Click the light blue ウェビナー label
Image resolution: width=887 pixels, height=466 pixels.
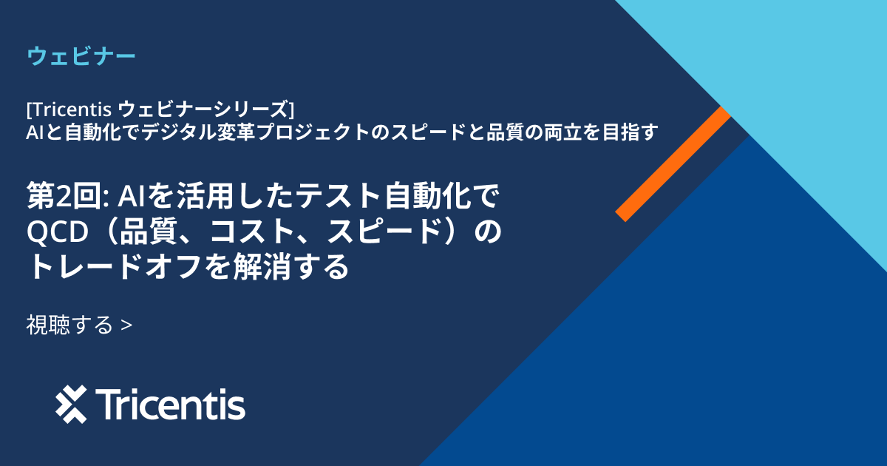[x=81, y=56]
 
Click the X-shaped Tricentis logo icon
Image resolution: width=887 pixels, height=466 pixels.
[x=71, y=405]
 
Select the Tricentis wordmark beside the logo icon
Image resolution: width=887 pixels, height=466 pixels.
[x=171, y=405]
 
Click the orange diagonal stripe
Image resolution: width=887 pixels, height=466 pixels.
[x=673, y=163]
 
